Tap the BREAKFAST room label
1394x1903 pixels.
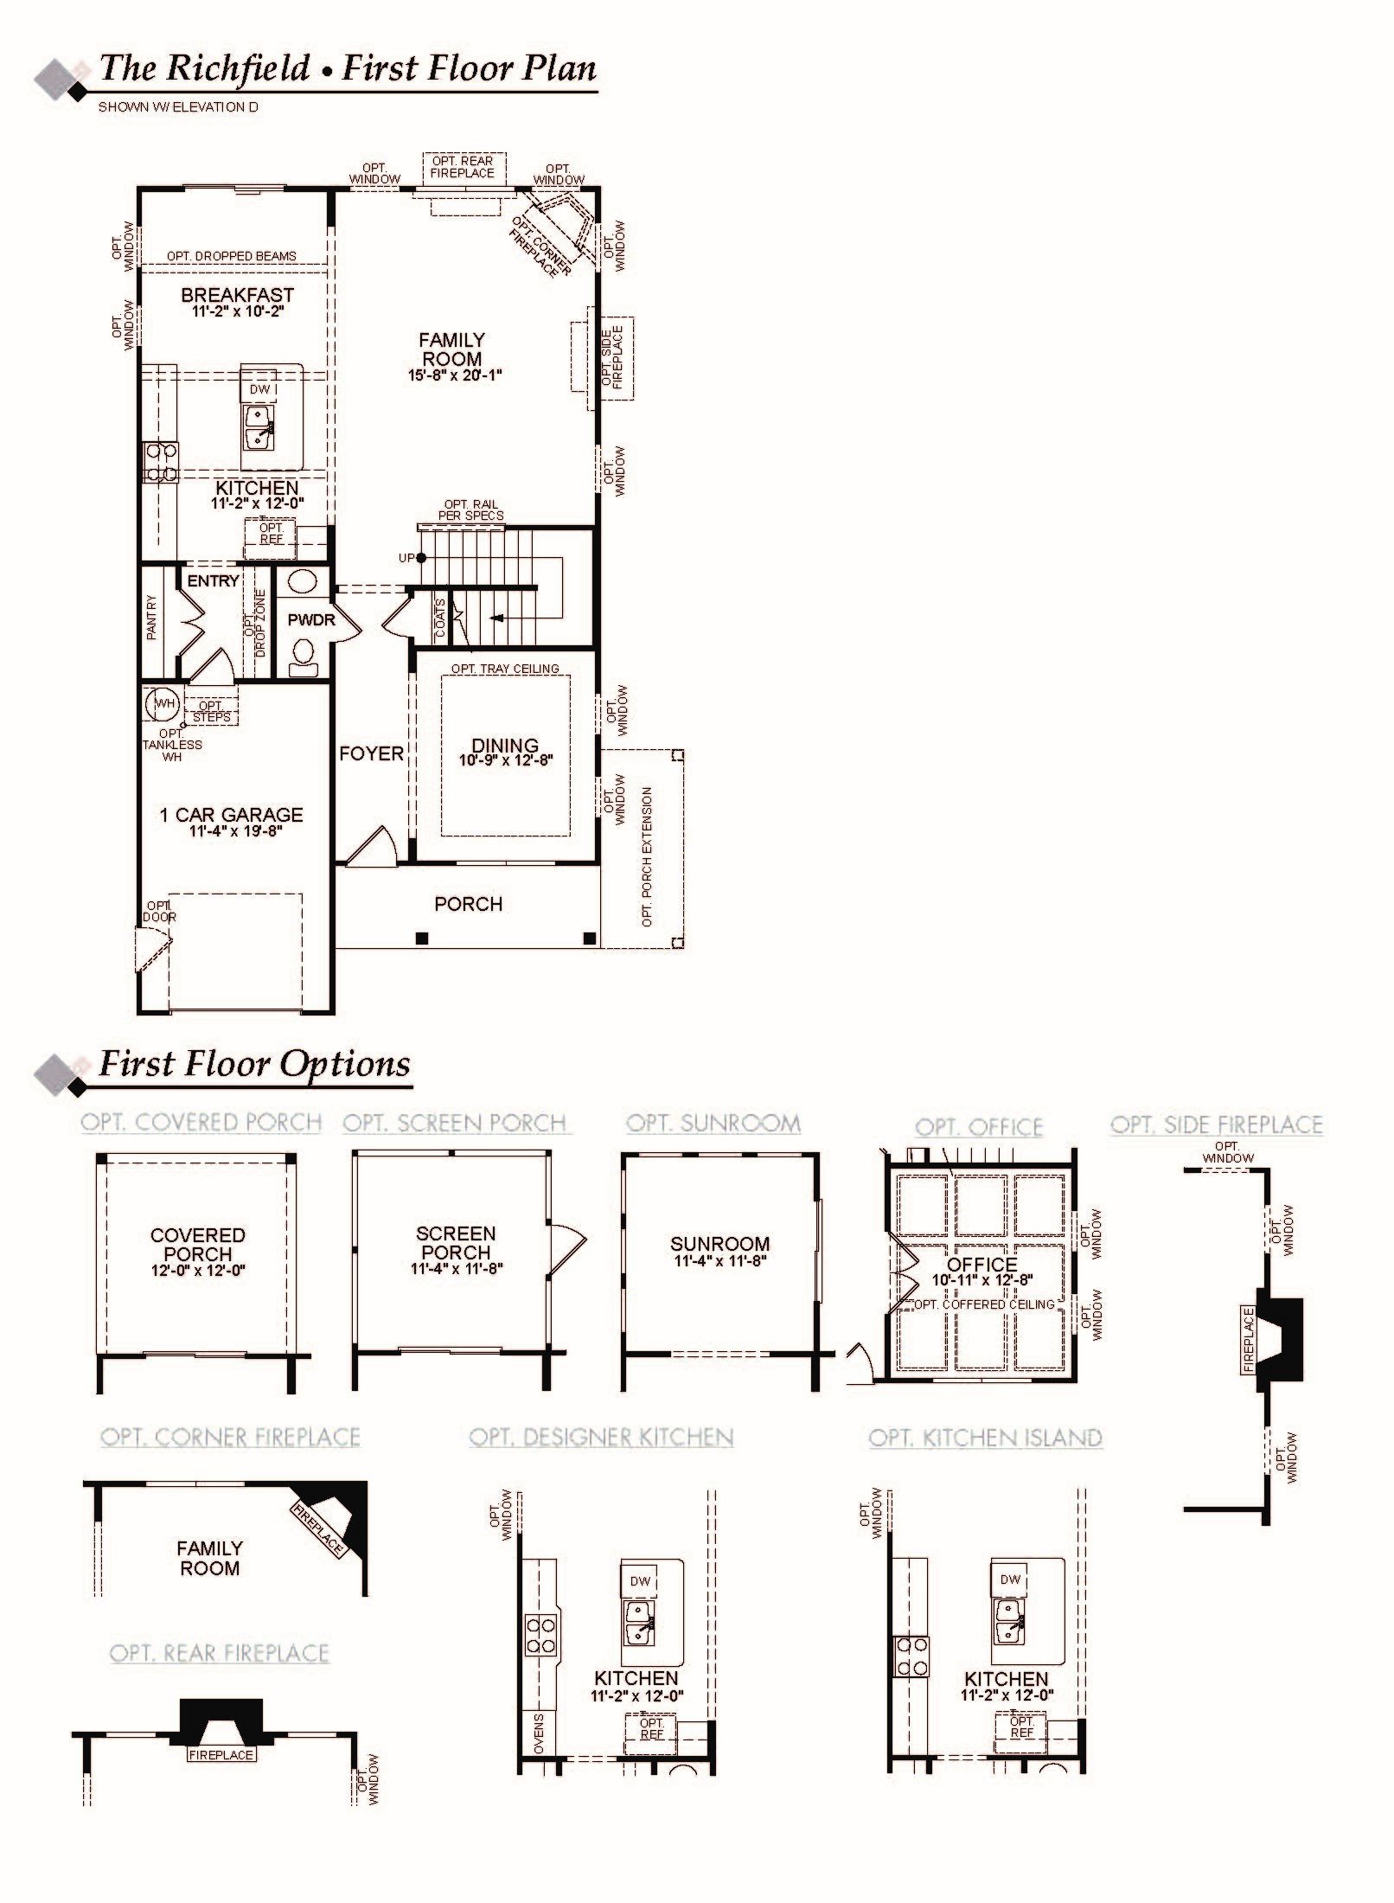[x=237, y=295]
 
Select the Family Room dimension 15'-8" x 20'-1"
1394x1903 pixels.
[x=455, y=375]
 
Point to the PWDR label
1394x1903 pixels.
[x=310, y=620]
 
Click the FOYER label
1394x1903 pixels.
[x=371, y=753]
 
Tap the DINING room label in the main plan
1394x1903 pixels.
[x=505, y=745]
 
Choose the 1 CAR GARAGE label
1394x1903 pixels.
[x=232, y=815]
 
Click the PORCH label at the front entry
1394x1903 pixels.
[x=468, y=904]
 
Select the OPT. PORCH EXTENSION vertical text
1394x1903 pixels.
[x=647, y=856]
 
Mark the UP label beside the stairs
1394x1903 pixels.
[x=406, y=558]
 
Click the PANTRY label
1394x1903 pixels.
[x=152, y=617]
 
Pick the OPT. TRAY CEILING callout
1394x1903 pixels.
[x=505, y=669]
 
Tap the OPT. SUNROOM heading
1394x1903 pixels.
[x=713, y=1124]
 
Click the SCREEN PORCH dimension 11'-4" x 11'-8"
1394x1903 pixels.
[x=457, y=1269]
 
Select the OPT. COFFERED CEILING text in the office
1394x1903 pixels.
[x=983, y=1304]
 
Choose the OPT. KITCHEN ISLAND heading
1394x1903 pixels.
[x=985, y=1438]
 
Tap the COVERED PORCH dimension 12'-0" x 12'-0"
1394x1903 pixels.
[x=198, y=1271]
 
